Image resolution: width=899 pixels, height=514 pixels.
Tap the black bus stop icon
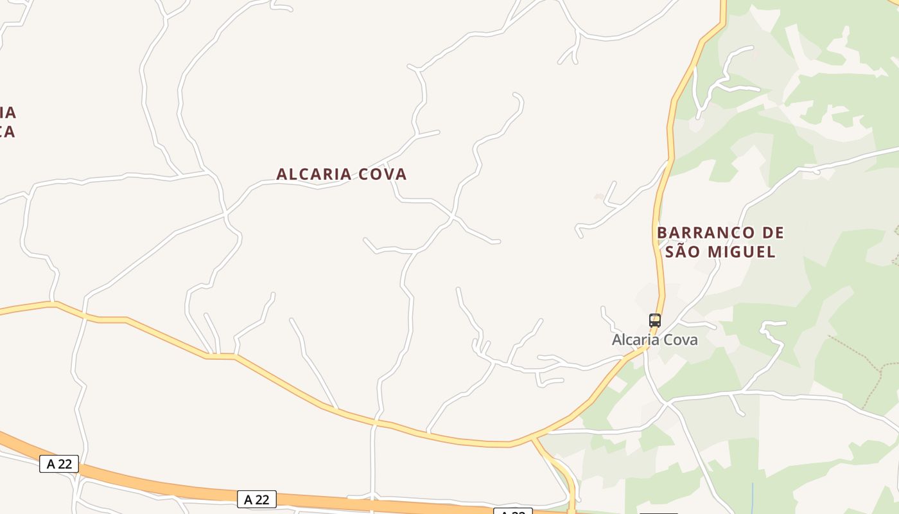[654, 320]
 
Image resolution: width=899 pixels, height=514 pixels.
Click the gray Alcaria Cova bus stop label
[654, 340]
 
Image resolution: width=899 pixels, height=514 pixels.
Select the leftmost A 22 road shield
[59, 464]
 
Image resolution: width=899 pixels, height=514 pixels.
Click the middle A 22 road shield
[257, 499]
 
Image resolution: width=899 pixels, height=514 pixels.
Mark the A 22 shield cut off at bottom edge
[512, 511]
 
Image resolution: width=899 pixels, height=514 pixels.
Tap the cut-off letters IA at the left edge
[8, 113]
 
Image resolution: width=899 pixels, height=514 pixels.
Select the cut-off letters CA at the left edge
[8, 132]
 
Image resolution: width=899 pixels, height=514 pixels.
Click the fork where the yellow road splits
[532, 439]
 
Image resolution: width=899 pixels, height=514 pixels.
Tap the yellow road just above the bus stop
[660, 296]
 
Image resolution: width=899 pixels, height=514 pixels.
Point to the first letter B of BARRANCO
[662, 233]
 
